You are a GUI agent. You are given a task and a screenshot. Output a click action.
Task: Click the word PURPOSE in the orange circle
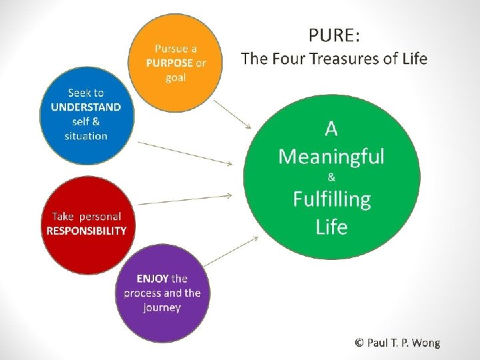coord(169,63)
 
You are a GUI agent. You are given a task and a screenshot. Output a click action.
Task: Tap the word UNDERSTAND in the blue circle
coord(86,107)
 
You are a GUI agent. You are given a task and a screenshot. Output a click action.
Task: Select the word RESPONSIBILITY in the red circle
coord(86,231)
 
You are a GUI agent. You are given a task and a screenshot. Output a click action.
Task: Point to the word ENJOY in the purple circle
coord(153,279)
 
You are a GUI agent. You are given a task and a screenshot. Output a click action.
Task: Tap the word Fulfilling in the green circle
coord(331,199)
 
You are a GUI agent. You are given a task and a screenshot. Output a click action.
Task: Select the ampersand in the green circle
coord(331,177)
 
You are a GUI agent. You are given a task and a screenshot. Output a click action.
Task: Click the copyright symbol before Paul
coord(359,343)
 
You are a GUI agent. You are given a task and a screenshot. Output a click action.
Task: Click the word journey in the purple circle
coord(162,307)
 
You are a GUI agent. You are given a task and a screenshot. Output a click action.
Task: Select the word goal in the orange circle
coord(176,77)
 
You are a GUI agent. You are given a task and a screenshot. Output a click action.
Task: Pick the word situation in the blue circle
coord(86,136)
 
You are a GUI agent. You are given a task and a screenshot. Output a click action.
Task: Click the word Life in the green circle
coord(331,227)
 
